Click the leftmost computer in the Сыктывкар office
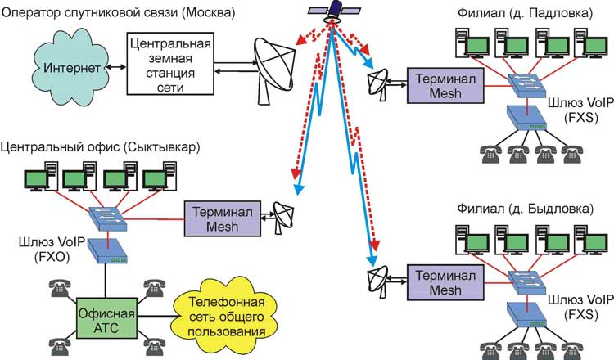click(38, 178)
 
